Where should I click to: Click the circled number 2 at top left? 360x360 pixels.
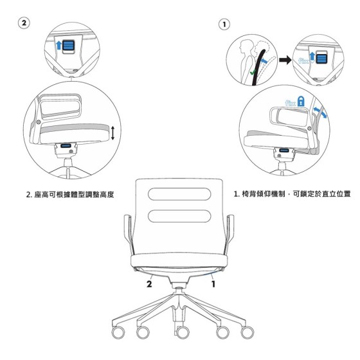pos(24,23)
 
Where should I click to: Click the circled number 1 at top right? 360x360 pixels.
pos(224,24)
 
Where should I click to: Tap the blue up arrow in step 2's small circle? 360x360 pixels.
pos(59,45)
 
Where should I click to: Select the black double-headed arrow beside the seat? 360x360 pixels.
pos(113,133)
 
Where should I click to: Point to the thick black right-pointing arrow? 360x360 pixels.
pos(285,60)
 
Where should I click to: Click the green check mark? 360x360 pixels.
pos(253,73)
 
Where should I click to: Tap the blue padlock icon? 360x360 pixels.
pos(301,102)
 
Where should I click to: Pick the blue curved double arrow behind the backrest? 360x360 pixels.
pos(320,113)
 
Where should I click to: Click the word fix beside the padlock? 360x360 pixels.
pos(291,103)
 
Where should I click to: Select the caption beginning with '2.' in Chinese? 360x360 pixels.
pos(70,195)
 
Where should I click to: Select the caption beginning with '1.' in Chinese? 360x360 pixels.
pos(292,194)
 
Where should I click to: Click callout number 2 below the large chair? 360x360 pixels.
pos(149,284)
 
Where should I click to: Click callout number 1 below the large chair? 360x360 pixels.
pos(213,284)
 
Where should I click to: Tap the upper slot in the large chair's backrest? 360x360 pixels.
pos(179,194)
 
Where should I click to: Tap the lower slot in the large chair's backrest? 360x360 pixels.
pos(179,216)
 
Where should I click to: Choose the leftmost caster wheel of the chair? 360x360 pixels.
pos(118,332)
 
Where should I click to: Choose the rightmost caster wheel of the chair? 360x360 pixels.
pos(248,332)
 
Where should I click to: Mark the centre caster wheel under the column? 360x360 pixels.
pos(183,332)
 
